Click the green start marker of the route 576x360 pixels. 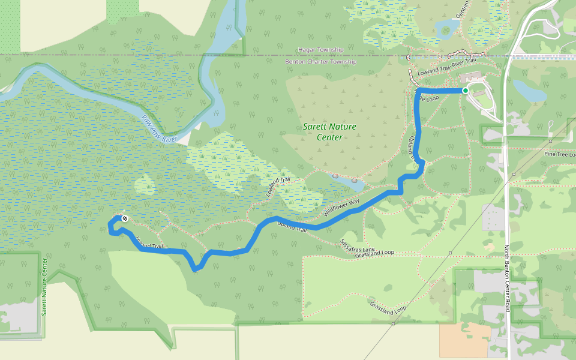coord(465,91)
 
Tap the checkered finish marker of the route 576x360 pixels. coord(124,218)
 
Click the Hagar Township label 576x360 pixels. coord(321,50)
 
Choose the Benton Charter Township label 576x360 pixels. coord(321,62)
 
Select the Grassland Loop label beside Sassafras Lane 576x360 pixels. coord(374,253)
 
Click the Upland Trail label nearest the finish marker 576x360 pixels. coord(149,243)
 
